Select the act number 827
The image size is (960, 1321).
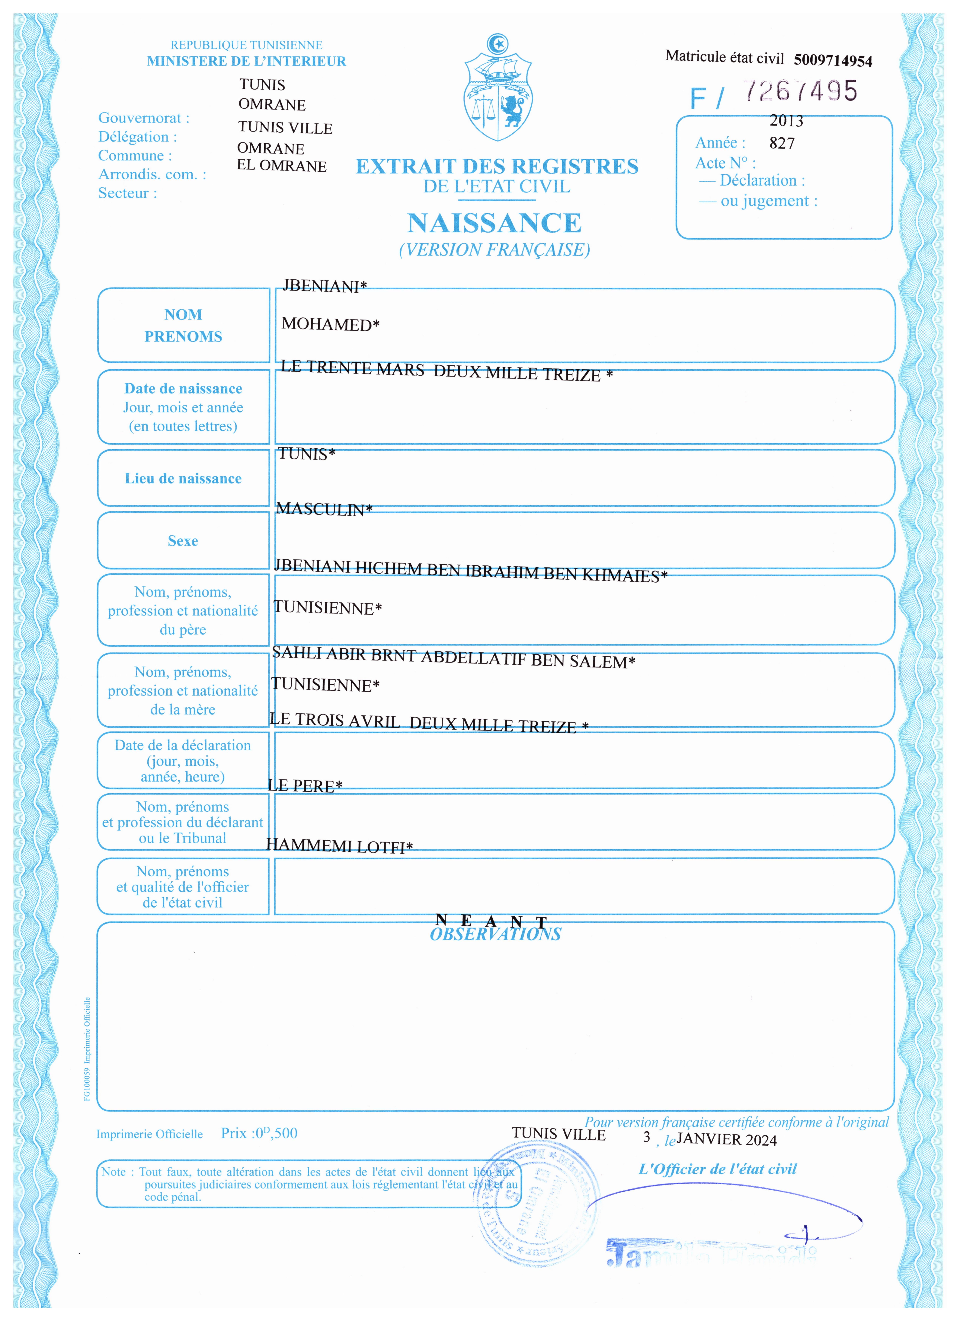pos(782,143)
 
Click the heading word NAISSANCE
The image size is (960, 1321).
pos(494,223)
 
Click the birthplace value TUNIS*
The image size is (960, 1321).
pos(306,454)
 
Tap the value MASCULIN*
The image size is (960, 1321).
pos(324,509)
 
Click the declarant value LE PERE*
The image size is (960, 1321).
pos(305,786)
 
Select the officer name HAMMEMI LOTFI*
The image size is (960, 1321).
pos(339,846)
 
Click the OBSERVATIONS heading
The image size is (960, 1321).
pos(495,934)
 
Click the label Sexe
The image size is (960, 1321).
pos(183,541)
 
